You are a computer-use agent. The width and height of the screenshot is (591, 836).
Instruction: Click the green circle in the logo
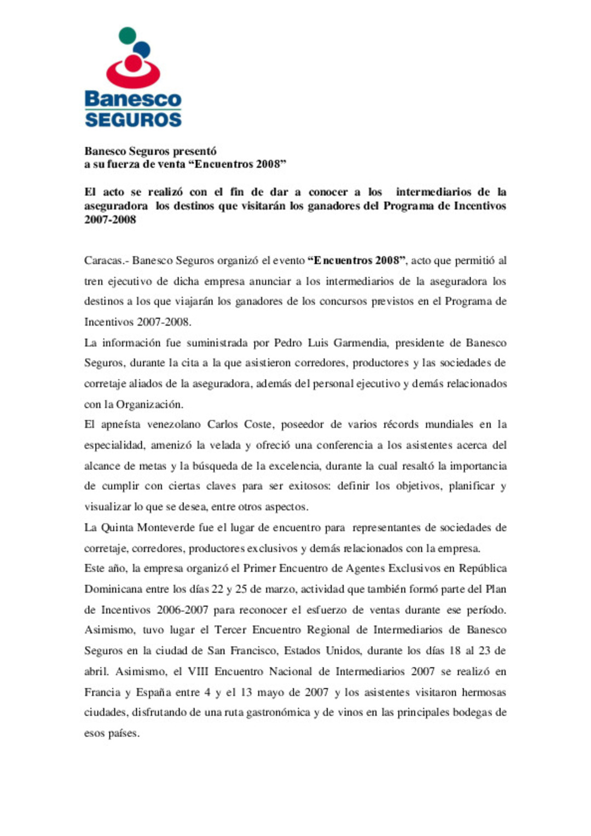pyautogui.click(x=127, y=36)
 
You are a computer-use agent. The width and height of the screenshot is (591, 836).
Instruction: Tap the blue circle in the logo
pyautogui.click(x=142, y=50)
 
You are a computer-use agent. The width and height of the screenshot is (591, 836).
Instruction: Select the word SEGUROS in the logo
pyautogui.click(x=133, y=120)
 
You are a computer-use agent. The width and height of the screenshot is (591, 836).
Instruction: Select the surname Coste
pyautogui.click(x=257, y=425)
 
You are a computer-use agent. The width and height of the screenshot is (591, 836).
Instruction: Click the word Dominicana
pyautogui.click(x=112, y=589)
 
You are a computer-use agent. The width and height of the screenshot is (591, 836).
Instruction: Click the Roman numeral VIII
pyautogui.click(x=198, y=672)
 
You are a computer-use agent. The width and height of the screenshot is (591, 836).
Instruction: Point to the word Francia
pyautogui.click(x=101, y=693)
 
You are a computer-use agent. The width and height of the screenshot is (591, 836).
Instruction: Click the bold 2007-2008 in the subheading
pyautogui.click(x=110, y=220)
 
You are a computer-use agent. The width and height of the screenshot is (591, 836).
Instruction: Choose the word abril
pyautogui.click(x=96, y=672)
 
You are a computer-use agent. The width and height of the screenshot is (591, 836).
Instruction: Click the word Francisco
pyautogui.click(x=257, y=651)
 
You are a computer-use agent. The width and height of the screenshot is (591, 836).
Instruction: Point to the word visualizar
pyautogui.click(x=108, y=507)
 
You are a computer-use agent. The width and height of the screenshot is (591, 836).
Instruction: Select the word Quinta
pyautogui.click(x=117, y=528)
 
